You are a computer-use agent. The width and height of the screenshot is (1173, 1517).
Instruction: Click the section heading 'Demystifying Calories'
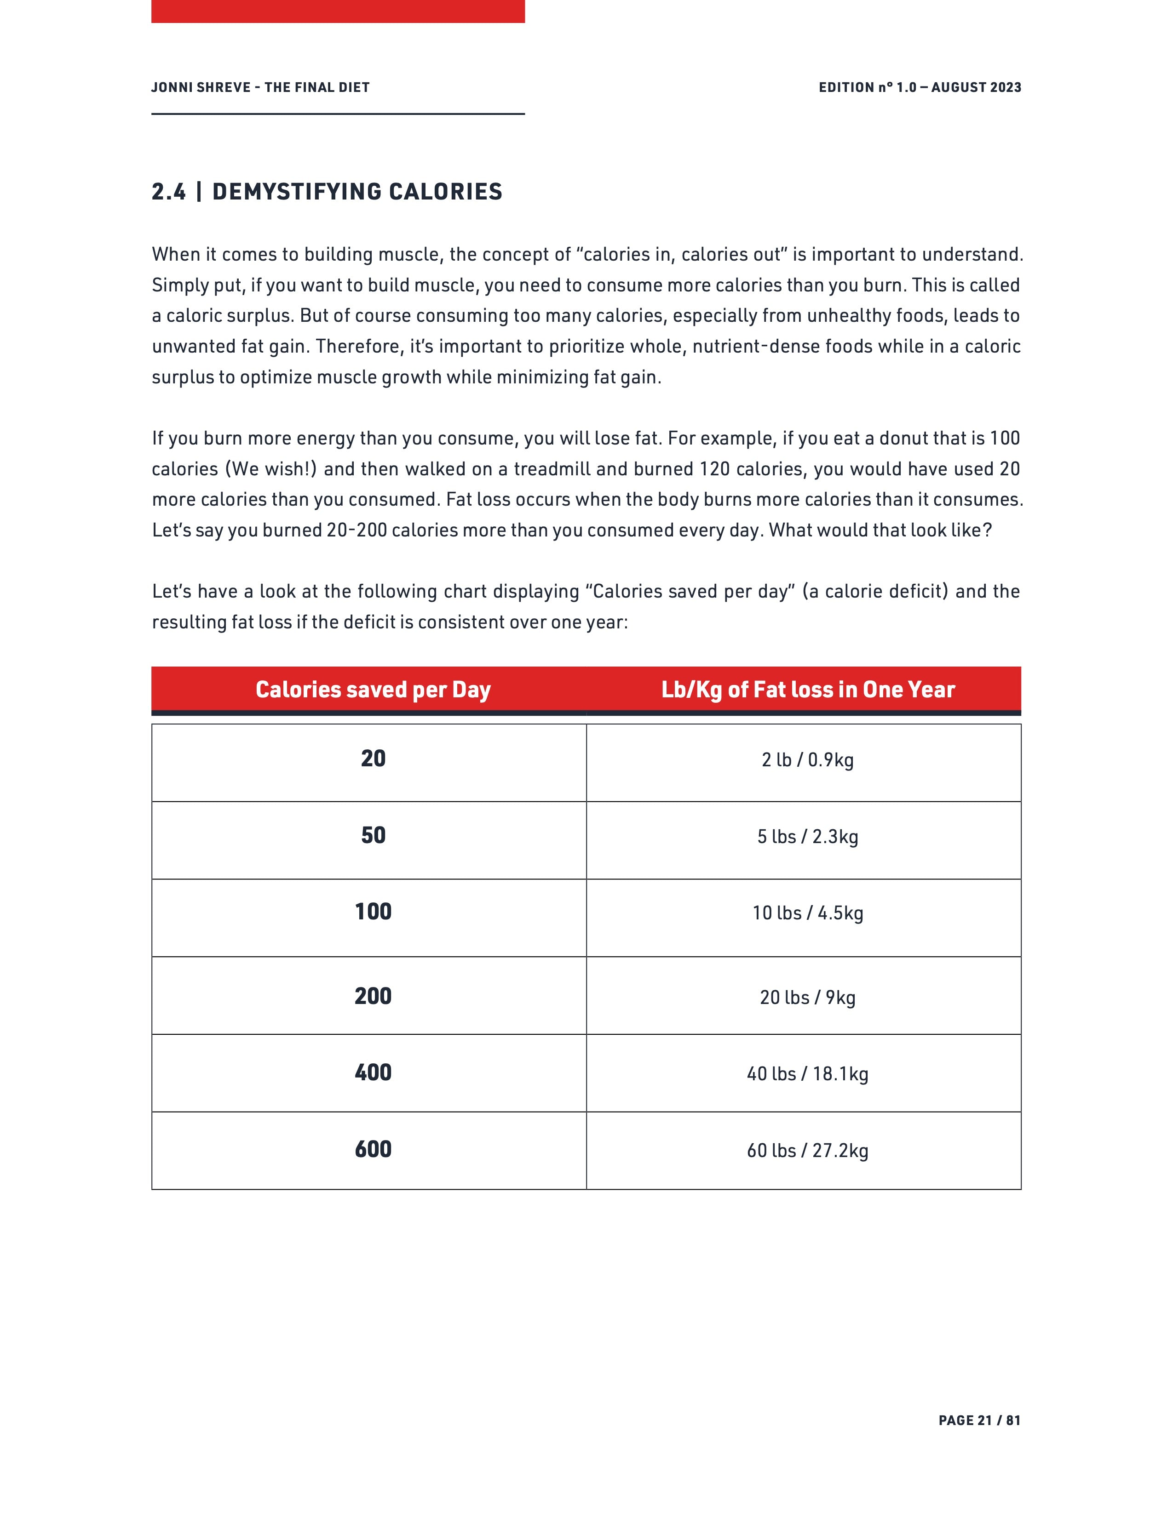[327, 192]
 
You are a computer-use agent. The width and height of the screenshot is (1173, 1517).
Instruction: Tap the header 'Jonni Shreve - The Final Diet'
[260, 87]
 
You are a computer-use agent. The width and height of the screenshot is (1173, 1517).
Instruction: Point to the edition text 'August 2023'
[976, 87]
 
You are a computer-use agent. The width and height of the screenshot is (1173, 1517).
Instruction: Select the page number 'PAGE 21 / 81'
[979, 1420]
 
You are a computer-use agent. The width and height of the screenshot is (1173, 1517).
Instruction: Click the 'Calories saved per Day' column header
[373, 690]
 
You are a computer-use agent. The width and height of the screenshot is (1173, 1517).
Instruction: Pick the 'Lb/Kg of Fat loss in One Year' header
[807, 690]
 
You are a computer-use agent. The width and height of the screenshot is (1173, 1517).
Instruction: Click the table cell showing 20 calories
[373, 758]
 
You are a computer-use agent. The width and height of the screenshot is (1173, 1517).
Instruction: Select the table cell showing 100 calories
[373, 912]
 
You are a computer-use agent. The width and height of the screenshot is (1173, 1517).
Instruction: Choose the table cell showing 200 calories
[373, 997]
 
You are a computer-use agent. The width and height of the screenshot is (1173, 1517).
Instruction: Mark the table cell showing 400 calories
[373, 1073]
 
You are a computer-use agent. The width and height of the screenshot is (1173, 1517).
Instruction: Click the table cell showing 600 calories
[373, 1150]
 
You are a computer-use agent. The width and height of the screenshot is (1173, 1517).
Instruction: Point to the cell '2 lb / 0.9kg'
[807, 760]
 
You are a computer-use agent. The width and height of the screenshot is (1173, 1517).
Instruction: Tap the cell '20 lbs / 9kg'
[807, 998]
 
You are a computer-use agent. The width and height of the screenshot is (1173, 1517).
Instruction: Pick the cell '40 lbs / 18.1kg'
[807, 1074]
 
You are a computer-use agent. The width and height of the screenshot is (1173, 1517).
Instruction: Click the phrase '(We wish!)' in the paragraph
[270, 469]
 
